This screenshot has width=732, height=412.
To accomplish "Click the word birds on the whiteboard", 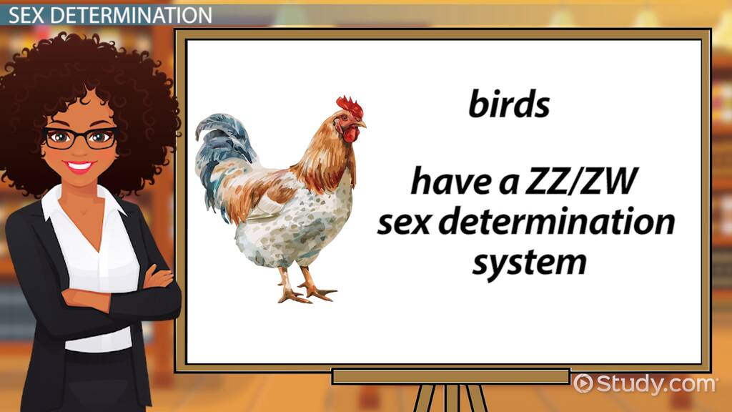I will coord(509,104).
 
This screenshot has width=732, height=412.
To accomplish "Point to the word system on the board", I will coord(529,263).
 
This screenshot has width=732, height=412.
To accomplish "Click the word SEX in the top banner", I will coord(31,14).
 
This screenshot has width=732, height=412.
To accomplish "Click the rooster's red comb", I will coord(350,105).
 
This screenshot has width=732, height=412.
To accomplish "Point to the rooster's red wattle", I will coord(350,134).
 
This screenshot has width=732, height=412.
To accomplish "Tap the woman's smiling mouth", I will coord(80,166).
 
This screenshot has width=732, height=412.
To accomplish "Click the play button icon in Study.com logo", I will coord(582,383).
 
